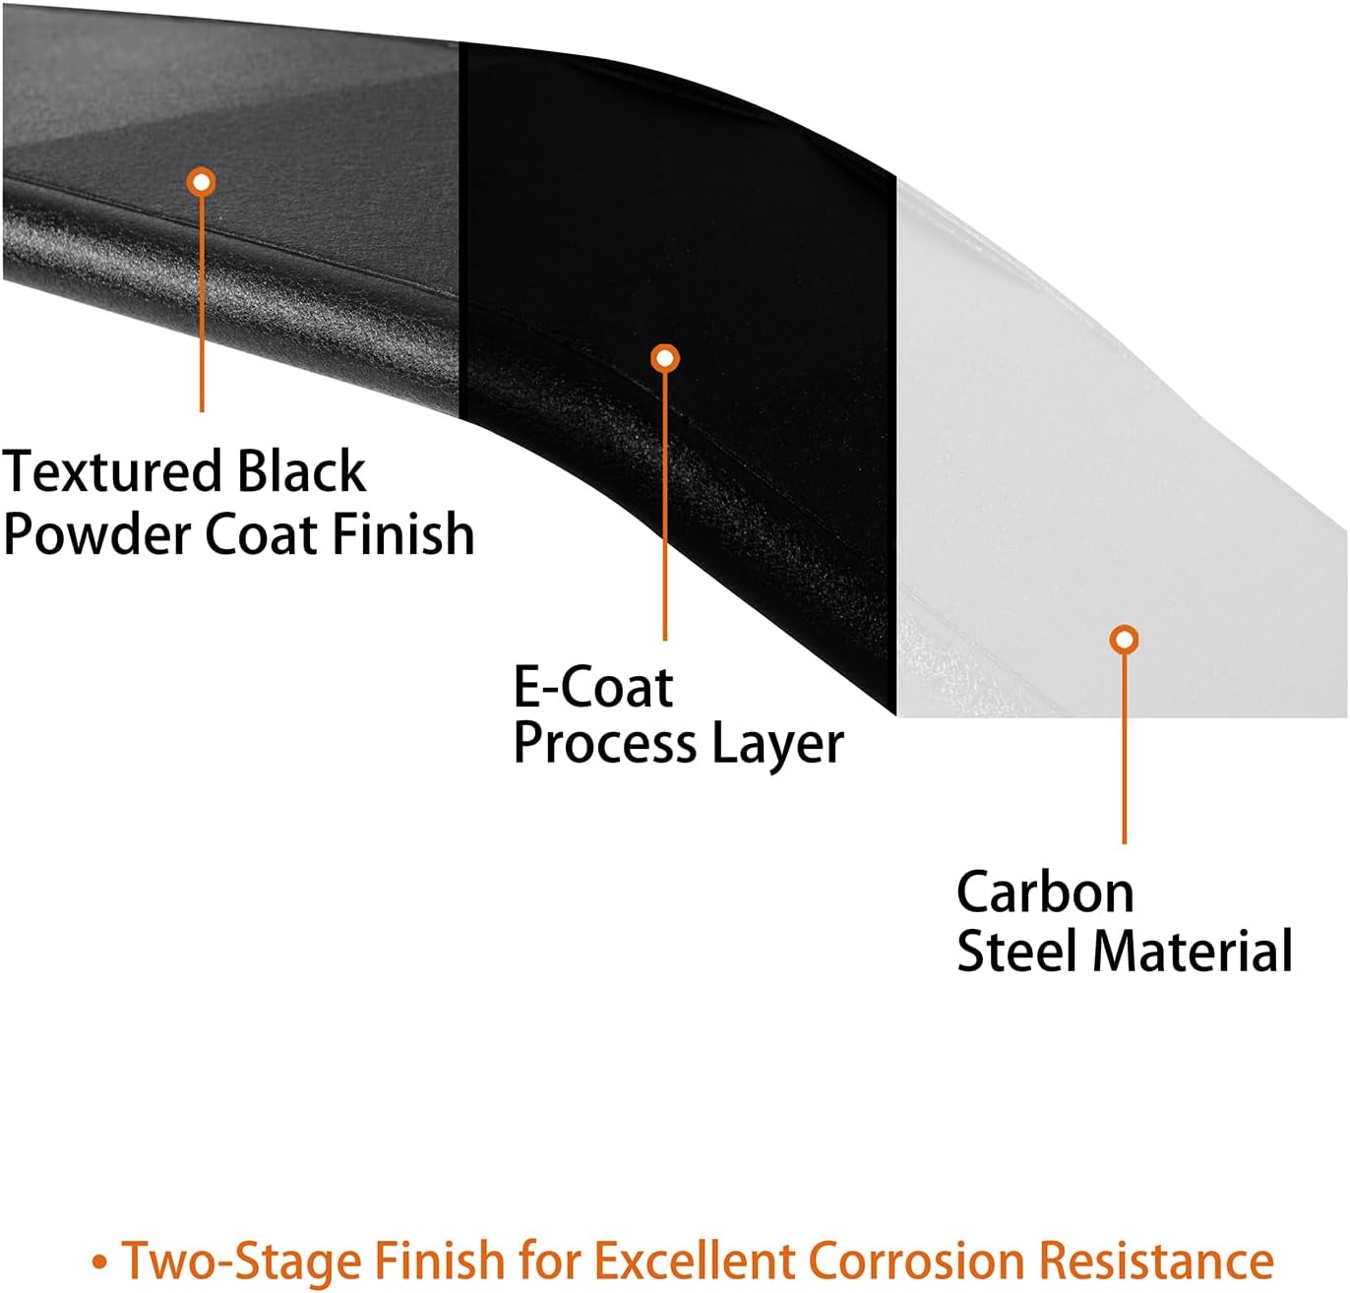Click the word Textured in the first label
pyautogui.click(x=112, y=471)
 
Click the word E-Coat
pyautogui.click(x=593, y=688)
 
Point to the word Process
pyautogui.click(x=605, y=746)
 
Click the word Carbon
pyautogui.click(x=1045, y=893)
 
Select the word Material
pyautogui.click(x=1193, y=951)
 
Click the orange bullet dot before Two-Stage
pyautogui.click(x=99, y=1262)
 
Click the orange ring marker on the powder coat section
pyautogui.click(x=201, y=182)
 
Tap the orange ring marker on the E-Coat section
pyautogui.click(x=665, y=358)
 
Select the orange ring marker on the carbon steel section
pyautogui.click(x=1124, y=639)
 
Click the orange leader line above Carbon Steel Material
pyautogui.click(x=1124, y=749)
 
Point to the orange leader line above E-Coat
pyautogui.click(x=665, y=506)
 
